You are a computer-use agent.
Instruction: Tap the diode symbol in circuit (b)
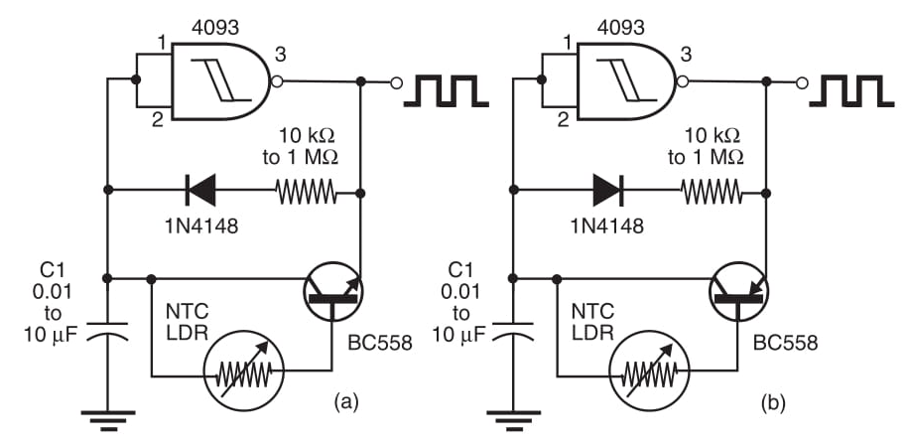[606, 189]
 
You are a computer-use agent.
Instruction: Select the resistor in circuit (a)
[305, 189]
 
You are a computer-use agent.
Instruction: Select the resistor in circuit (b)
[711, 189]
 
